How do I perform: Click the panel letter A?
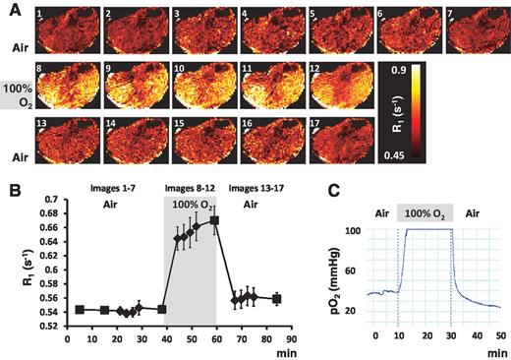pyautogui.click(x=10, y=8)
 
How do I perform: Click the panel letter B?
pyautogui.click(x=10, y=182)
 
